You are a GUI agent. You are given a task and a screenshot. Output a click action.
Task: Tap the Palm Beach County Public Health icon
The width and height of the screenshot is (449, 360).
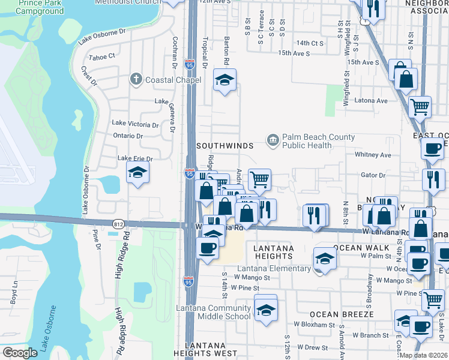click(x=273, y=141)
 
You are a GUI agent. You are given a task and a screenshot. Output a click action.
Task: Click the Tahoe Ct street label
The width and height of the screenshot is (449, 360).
click(x=101, y=56)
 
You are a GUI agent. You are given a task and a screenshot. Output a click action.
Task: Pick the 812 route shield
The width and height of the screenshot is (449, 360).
click(x=118, y=223)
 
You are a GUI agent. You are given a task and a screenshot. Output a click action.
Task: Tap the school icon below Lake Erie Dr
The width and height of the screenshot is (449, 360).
click(x=137, y=173)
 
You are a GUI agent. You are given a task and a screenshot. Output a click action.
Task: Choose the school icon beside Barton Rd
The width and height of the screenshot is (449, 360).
click(x=224, y=80)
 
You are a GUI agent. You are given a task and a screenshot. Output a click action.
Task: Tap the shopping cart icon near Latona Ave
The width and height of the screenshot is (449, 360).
click(x=420, y=107)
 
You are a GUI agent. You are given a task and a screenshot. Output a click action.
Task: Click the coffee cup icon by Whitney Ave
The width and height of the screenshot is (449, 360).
click(x=432, y=148)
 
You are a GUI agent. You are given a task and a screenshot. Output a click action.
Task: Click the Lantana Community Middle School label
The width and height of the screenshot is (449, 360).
click(x=213, y=313)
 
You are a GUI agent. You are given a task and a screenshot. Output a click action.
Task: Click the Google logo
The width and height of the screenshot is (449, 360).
click(x=20, y=353)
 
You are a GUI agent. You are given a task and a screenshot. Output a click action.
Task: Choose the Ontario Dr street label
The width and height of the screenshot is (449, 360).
click(x=128, y=136)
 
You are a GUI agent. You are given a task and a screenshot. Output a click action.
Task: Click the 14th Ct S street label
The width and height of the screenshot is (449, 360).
click(x=310, y=43)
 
